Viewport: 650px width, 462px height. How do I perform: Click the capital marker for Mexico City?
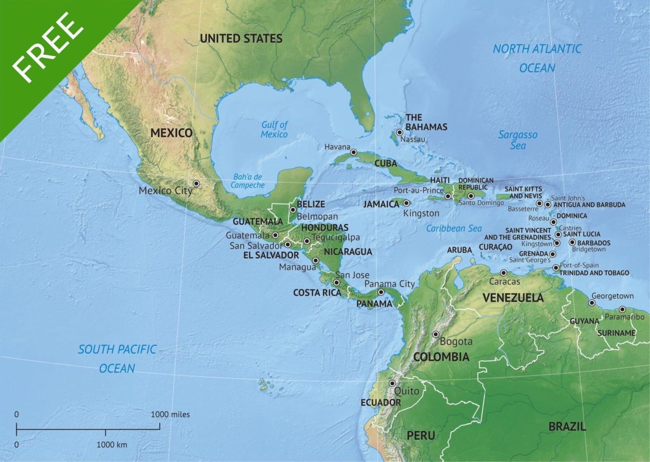196,184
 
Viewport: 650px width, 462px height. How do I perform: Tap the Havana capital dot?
354,152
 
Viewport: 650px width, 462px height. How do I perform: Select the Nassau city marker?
400,132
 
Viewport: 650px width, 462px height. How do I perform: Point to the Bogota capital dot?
435,334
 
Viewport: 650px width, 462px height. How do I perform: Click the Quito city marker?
392,383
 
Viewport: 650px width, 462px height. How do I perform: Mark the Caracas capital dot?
504,273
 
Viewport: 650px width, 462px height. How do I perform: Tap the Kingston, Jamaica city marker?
406,203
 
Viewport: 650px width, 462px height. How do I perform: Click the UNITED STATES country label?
241,39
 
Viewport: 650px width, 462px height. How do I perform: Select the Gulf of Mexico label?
274,130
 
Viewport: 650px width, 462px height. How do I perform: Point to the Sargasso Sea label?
518,140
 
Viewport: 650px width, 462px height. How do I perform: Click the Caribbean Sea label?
453,228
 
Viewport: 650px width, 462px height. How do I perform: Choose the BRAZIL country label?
567,426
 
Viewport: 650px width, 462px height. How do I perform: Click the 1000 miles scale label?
170,414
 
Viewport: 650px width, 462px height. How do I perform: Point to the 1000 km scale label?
112,445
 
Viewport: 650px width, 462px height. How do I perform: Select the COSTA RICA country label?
317,292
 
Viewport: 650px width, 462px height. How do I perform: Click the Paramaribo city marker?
622,309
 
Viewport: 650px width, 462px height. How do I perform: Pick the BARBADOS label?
594,243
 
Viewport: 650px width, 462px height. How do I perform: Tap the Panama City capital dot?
381,292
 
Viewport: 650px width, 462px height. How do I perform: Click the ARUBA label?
459,250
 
